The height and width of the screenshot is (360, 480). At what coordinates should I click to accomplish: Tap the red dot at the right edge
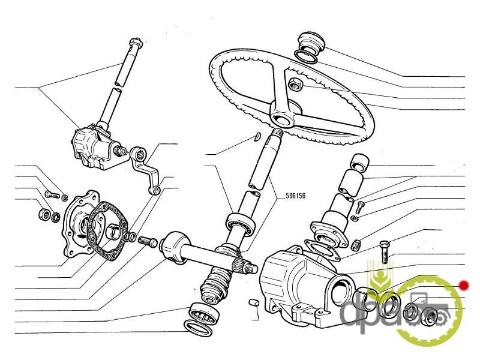[x=463, y=285]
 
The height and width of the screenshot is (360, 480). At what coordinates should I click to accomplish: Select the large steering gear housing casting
[x=300, y=282]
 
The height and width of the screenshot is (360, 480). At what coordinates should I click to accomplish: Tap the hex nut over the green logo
[x=430, y=316]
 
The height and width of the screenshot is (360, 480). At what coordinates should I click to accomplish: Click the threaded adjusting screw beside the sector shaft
[x=148, y=242]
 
